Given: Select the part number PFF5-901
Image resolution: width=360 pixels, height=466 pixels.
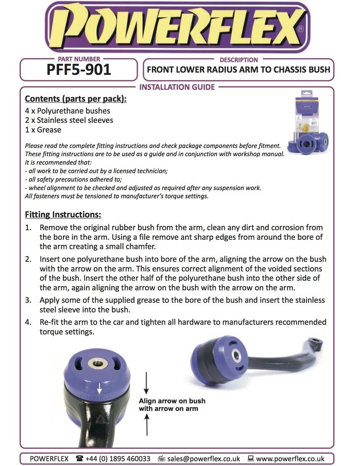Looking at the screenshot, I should [x=78, y=71].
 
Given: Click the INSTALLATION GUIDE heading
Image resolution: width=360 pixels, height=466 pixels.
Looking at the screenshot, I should [x=177, y=87].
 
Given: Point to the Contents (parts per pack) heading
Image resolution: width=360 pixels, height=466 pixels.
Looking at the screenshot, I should [x=76, y=99].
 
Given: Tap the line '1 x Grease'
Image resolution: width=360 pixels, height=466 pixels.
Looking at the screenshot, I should [x=43, y=130].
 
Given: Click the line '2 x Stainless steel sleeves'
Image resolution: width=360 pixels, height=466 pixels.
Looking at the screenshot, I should [x=69, y=120].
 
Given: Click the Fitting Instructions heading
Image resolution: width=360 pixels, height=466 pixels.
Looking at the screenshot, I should [x=63, y=214].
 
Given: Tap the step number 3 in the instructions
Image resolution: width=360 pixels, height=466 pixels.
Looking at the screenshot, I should [x=28, y=300].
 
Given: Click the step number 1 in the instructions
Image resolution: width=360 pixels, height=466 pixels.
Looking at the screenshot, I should [x=28, y=227].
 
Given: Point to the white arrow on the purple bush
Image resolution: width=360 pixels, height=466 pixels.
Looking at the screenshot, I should [x=99, y=388].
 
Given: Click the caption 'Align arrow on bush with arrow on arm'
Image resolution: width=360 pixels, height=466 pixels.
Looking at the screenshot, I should [x=172, y=405].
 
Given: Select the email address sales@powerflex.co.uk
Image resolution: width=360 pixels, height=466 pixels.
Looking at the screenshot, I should [x=203, y=459].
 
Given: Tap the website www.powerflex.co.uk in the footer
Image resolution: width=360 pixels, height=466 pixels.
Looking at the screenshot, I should [x=290, y=459].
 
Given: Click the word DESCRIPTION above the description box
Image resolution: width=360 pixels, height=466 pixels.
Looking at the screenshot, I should [x=238, y=60].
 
